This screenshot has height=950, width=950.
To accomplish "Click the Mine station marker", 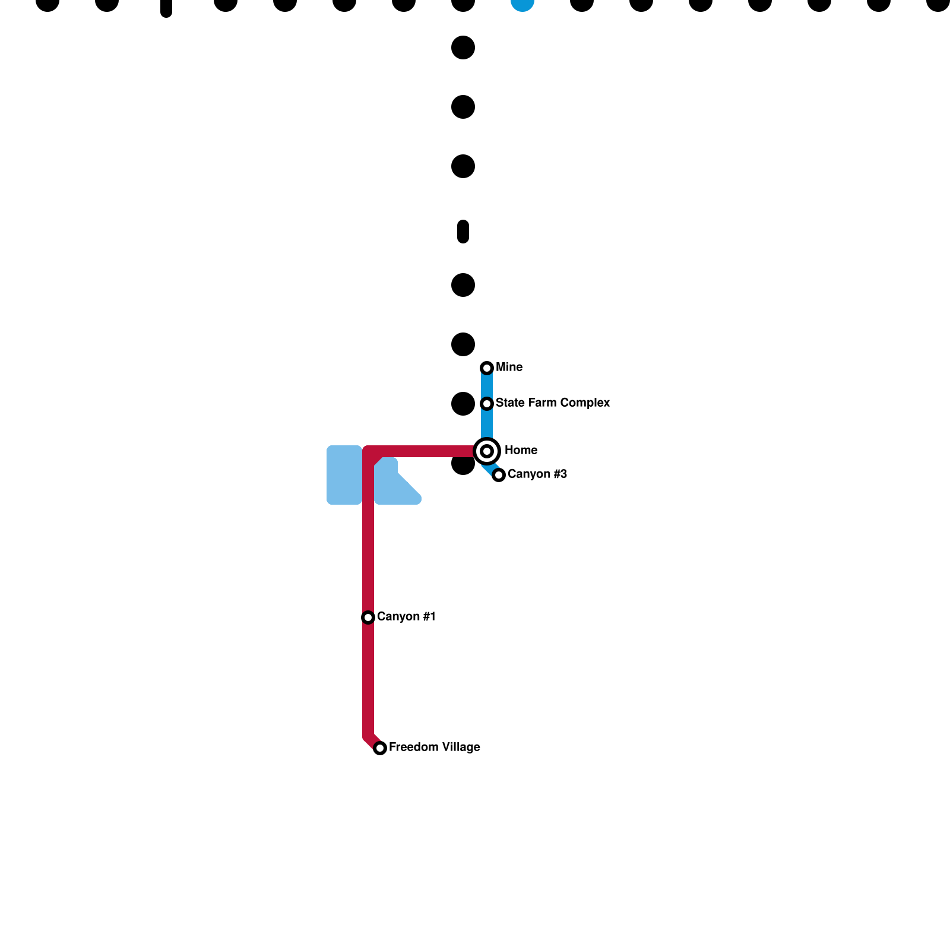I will point(487,368).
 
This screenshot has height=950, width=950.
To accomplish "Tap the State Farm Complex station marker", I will point(487,404).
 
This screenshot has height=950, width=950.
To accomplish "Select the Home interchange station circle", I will point(487,451).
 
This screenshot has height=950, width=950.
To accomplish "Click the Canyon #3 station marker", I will point(499,475).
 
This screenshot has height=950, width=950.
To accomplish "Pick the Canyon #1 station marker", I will point(368,617).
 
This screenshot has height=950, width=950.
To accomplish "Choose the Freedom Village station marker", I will point(380,748).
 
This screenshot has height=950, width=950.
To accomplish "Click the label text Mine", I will point(509,368).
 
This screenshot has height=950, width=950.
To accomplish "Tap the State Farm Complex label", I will point(552,403).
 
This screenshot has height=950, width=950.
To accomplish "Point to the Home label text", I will point(521,451).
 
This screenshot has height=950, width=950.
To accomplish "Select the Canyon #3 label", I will point(537,474).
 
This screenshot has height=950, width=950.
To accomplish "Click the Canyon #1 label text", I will point(406,617).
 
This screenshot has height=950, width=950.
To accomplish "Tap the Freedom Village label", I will point(434,748).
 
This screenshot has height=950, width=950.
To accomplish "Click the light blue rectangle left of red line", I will point(344,475).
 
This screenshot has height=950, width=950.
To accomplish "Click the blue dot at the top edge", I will point(522,4).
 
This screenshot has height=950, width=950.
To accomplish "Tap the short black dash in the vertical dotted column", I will point(463,232).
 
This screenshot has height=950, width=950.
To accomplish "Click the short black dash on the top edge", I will point(166,7).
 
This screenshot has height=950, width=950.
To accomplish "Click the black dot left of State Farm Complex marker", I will point(463,404).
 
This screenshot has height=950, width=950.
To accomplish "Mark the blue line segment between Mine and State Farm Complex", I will point(487,386).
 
